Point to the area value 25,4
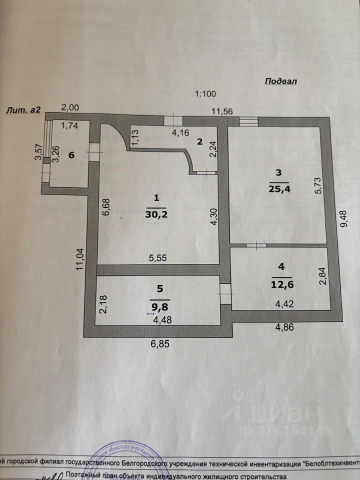coord(278,190)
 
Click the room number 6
coord(71,155)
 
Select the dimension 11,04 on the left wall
coord(80,260)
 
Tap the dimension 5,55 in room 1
coord(158,258)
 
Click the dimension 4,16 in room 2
coord(180,133)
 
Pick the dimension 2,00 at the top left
coord(69,107)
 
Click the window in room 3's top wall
coord(248,120)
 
